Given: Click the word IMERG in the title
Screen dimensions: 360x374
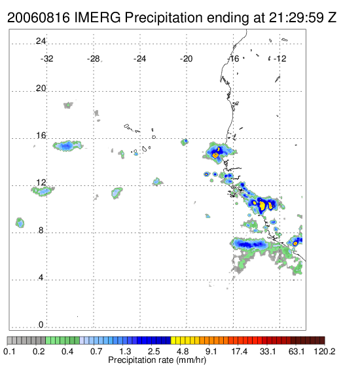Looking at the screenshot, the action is (98, 18).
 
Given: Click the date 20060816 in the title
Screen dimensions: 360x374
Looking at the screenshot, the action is (39, 18).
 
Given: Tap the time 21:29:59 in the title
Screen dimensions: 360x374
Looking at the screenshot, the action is (297, 18).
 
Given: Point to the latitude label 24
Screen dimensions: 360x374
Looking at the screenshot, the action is (41, 41).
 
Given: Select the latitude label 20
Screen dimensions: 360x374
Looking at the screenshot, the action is (41, 88).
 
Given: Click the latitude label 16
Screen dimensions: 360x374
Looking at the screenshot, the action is (41, 136).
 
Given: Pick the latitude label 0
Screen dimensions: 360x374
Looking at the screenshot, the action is (41, 325).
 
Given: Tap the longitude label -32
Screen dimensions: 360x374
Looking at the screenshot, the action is (46, 59).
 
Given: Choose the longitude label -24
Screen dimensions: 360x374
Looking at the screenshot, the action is (139, 59).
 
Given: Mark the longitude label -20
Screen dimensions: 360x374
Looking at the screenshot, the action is (186, 59).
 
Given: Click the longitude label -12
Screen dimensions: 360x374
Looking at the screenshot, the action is (279, 59).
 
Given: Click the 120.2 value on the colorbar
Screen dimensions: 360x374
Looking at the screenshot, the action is (325, 351).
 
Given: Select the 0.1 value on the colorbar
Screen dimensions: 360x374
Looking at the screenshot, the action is (9, 351).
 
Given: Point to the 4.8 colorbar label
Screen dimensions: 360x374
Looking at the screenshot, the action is (183, 351).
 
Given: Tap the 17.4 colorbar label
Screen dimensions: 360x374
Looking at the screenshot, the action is (240, 351).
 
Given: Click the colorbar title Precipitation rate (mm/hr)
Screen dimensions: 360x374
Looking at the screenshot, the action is (157, 360).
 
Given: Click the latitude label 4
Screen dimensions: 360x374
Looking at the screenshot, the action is (41, 278).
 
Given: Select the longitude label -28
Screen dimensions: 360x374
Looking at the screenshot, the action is (93, 59).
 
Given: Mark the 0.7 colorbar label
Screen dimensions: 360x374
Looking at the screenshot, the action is (96, 351).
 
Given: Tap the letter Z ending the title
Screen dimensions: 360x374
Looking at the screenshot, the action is (332, 18).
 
